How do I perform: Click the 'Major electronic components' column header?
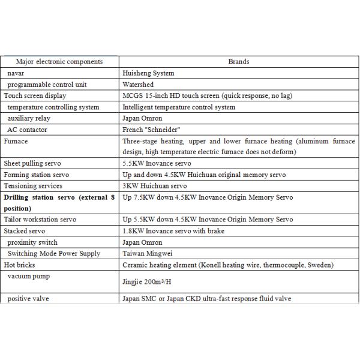tap(59, 62)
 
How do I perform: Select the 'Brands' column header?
tap(238, 62)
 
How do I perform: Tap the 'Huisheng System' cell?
tap(148, 73)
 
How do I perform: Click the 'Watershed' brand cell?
tap(137, 85)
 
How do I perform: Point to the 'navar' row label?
tap(16, 73)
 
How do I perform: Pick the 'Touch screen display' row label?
tap(35, 96)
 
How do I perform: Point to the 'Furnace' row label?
tap(16, 142)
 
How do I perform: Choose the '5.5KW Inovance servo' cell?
tap(157, 163)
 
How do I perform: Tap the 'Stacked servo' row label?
tap(25, 231)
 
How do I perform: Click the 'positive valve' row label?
tap(28, 298)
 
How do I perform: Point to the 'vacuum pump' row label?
tap(28, 275)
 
